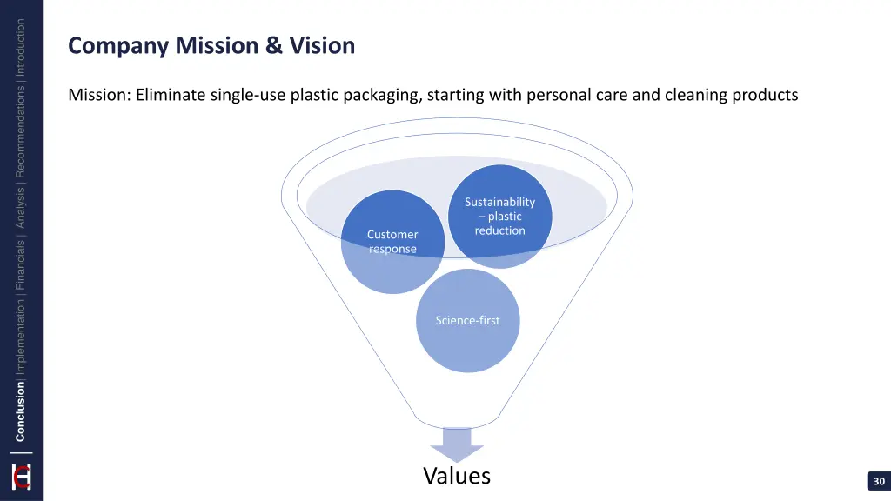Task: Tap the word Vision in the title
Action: (322, 45)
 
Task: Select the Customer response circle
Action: (392, 242)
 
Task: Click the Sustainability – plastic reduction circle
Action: (500, 216)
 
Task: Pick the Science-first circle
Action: (468, 320)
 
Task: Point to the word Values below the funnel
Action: (457, 476)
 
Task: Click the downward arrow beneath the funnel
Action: (457, 444)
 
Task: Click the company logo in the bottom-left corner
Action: (21, 477)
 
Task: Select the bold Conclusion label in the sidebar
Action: (21, 412)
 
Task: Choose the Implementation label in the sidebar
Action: (21, 339)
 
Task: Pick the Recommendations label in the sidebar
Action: (21, 130)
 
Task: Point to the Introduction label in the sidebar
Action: (21, 48)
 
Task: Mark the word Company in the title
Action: (118, 45)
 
